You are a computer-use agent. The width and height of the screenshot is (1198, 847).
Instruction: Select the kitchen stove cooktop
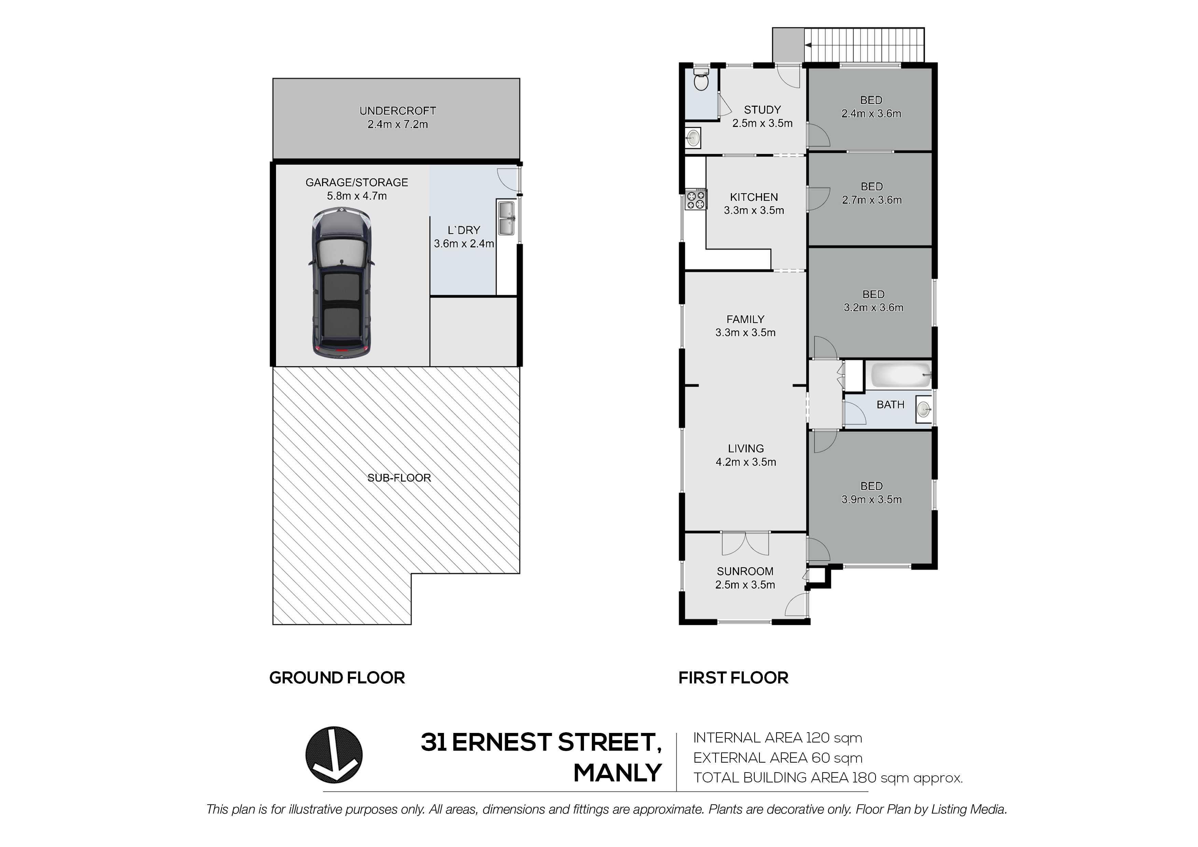(696, 199)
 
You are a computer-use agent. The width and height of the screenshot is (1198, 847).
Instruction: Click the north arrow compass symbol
(334, 755)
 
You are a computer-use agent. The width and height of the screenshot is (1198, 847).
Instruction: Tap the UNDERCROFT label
(398, 111)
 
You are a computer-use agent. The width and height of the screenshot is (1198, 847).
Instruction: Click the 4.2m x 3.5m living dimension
(746, 462)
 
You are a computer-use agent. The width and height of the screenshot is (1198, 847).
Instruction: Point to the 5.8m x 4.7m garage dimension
(357, 196)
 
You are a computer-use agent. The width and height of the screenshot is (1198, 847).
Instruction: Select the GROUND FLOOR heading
(337, 678)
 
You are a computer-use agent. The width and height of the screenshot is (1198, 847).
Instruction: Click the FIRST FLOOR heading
(733, 678)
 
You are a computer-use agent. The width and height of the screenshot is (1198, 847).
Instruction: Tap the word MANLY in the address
(618, 773)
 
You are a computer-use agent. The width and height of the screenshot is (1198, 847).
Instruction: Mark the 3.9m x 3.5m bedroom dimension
(872, 499)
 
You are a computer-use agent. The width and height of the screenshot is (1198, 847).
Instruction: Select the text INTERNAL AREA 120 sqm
(778, 738)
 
